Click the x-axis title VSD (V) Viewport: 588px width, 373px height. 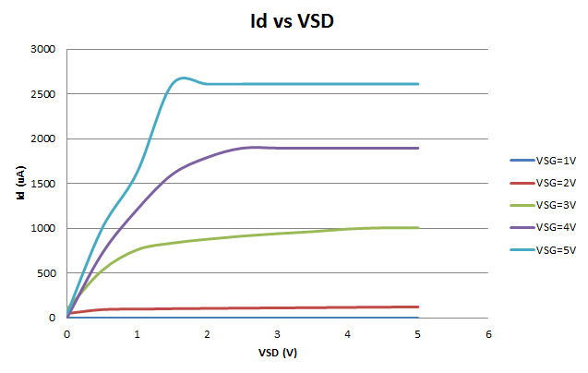(x=277, y=352)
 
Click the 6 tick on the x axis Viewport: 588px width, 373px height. (x=488, y=332)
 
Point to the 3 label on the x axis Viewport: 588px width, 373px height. (x=278, y=332)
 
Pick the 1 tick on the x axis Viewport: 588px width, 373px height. (x=138, y=332)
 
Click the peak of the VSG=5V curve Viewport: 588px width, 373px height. (x=184, y=78)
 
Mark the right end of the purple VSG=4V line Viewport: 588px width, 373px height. (x=418, y=148)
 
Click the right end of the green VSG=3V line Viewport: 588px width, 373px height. (x=418, y=228)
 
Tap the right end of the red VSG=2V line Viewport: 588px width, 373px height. (x=418, y=307)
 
